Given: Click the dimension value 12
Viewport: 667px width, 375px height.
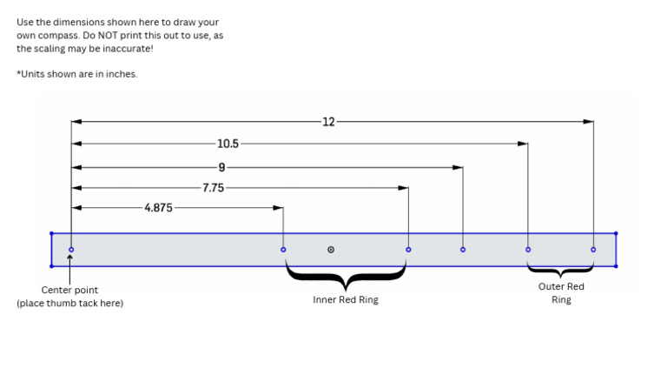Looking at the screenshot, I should [x=328, y=122].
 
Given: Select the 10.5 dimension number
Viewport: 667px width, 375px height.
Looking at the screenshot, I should [x=228, y=144].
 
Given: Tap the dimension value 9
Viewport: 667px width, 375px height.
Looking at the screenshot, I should [x=221, y=165].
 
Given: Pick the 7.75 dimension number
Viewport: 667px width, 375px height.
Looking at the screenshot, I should [x=214, y=187].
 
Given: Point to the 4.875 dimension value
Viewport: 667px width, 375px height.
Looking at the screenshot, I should [x=158, y=208].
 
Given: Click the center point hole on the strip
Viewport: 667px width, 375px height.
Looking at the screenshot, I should [x=71, y=250].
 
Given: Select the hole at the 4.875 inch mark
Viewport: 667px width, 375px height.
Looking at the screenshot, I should [x=283, y=250].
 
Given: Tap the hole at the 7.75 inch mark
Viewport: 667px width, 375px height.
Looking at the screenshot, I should [x=408, y=250].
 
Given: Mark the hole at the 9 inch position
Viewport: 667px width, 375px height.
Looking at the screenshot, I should [x=462, y=250].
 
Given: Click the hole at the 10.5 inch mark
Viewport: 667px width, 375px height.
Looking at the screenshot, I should [x=528, y=250].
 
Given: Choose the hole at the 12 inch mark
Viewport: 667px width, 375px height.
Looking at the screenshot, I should [x=593, y=250].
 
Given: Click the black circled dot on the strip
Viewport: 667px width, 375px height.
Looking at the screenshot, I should [x=331, y=250].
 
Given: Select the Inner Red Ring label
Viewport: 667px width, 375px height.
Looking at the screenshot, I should [x=346, y=300].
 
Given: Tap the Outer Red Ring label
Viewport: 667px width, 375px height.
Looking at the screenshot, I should [x=561, y=292].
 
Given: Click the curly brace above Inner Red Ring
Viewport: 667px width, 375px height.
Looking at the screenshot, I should [x=346, y=278].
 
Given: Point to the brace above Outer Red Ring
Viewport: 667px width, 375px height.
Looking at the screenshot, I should [x=561, y=271].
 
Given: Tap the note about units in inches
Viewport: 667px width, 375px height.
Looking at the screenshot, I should [x=76, y=75].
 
